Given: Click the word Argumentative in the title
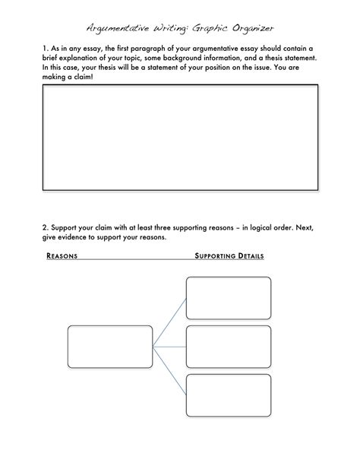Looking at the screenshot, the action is [118, 29].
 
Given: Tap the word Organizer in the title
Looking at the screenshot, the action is [253, 29].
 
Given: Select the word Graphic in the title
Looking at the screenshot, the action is [210, 29].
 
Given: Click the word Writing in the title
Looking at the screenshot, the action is [170, 29].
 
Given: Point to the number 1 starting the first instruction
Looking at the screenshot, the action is [45, 49].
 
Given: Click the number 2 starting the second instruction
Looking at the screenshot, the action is [45, 227].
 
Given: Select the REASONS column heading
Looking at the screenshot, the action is [62, 256].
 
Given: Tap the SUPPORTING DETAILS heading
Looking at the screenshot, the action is [229, 256].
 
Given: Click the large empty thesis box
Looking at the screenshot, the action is [180, 85].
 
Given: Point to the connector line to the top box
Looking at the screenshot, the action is [169, 322].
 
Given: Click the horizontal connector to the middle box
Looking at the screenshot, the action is [169, 347].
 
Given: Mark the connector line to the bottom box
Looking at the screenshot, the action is [169, 371].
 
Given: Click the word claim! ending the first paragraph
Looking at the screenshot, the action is [84, 77].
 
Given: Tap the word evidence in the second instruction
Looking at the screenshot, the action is [72, 237].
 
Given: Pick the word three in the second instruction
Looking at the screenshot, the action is [163, 227].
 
